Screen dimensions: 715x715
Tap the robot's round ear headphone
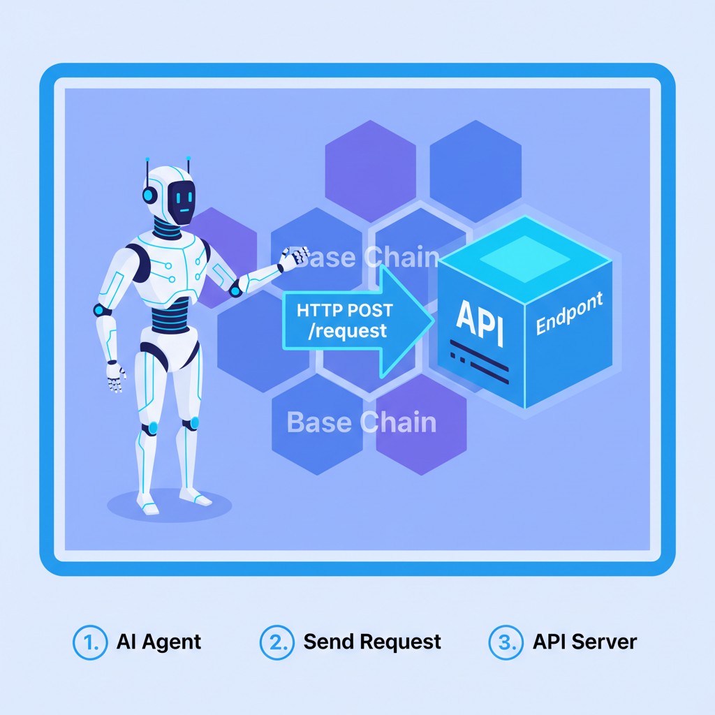(149, 194)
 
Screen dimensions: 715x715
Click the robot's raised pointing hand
(293, 258)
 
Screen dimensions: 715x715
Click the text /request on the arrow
(347, 330)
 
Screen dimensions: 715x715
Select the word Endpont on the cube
(568, 315)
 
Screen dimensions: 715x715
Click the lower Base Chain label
(361, 422)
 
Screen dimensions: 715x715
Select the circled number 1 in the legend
(90, 642)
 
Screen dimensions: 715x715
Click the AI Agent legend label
(159, 642)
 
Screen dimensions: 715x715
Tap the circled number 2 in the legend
(277, 642)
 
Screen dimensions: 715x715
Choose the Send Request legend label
(372, 642)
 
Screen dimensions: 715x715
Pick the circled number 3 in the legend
(506, 642)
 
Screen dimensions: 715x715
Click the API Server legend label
(584, 642)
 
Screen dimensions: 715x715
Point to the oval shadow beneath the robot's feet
(169, 506)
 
